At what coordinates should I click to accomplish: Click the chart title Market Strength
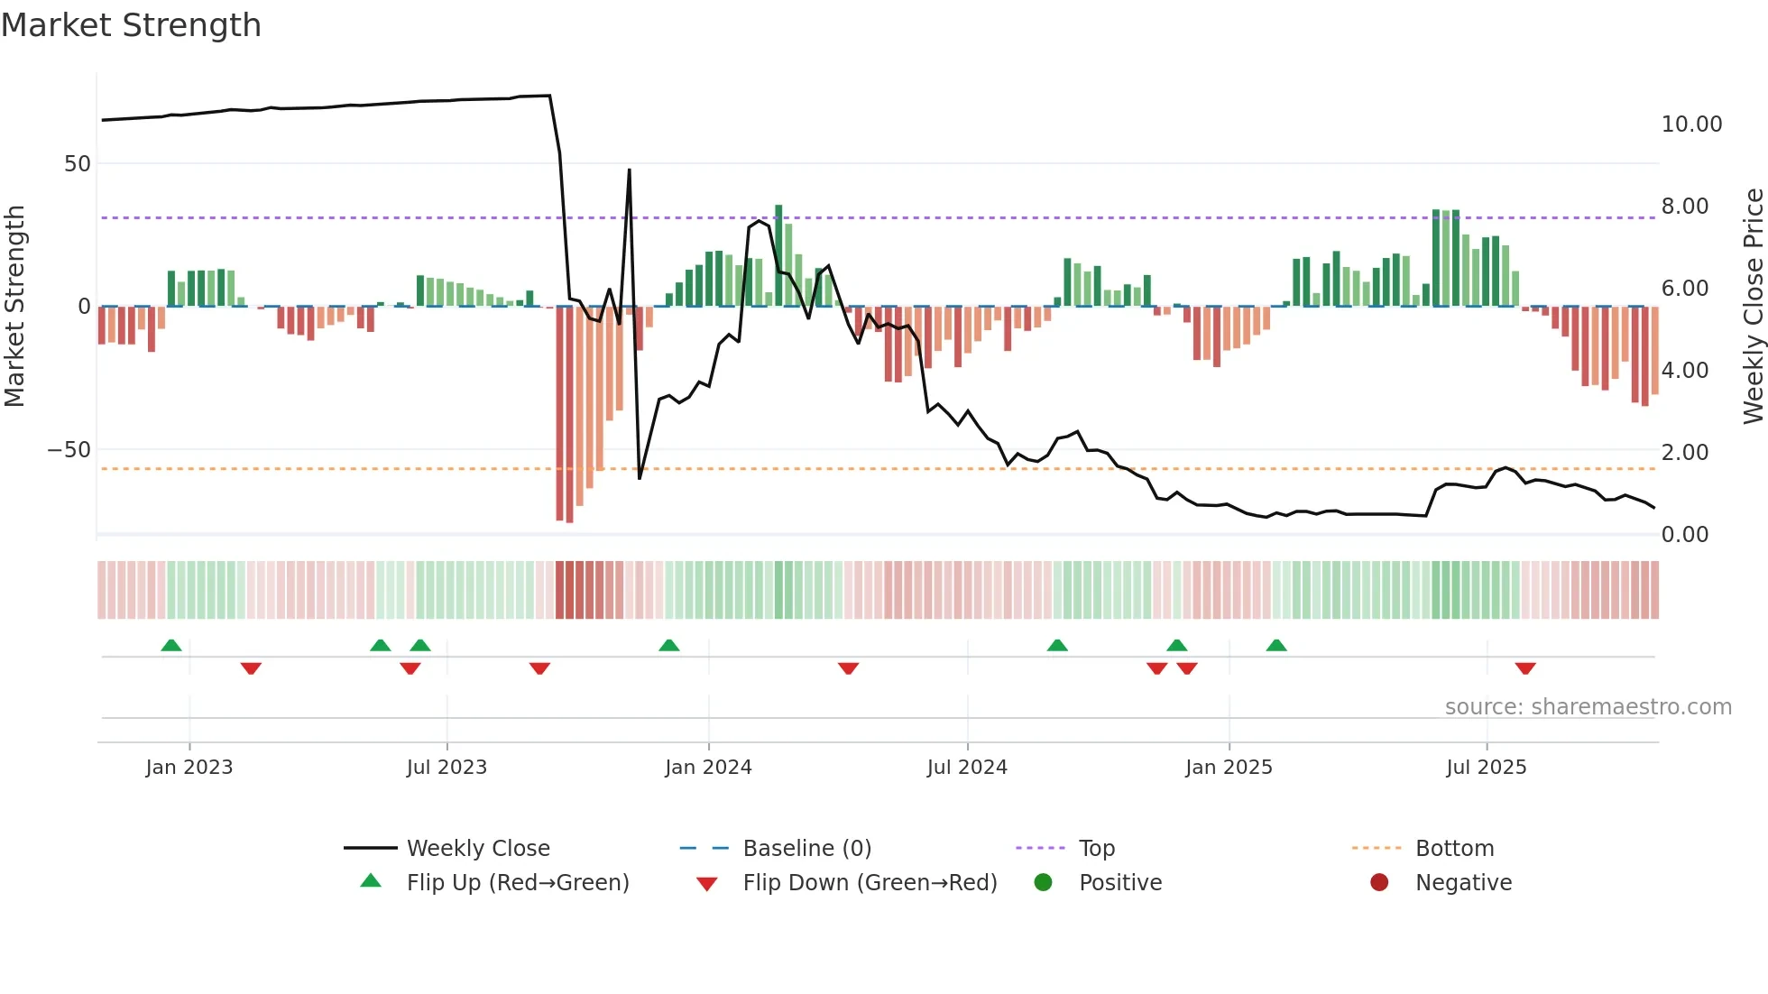pos(132,25)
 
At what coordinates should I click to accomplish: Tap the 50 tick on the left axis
pos(78,164)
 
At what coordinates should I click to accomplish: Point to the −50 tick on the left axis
pos(69,449)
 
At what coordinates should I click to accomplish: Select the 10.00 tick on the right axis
pos(1691,124)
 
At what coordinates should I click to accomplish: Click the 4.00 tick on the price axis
pos(1685,371)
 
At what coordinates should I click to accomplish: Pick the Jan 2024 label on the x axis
pos(708,768)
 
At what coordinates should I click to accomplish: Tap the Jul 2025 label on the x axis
pos(1486,768)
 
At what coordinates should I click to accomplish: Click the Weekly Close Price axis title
pos(1753,307)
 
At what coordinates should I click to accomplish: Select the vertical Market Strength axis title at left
pos(15,307)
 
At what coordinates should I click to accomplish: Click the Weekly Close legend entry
pos(478,849)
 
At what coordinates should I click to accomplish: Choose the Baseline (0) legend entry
pos(806,849)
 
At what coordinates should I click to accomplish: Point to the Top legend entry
pos(1096,849)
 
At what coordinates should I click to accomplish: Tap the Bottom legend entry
pos(1454,849)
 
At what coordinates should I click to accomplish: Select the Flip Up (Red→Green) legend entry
pos(517,883)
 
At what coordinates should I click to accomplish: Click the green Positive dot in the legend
pos(1044,883)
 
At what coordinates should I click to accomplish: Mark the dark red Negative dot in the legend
pos(1379,883)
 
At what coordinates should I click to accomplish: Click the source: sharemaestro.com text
pos(1588,707)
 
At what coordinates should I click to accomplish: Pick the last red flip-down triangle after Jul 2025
pos(1525,668)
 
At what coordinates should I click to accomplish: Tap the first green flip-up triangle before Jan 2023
pos(171,645)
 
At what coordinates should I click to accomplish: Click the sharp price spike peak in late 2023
pos(629,170)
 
